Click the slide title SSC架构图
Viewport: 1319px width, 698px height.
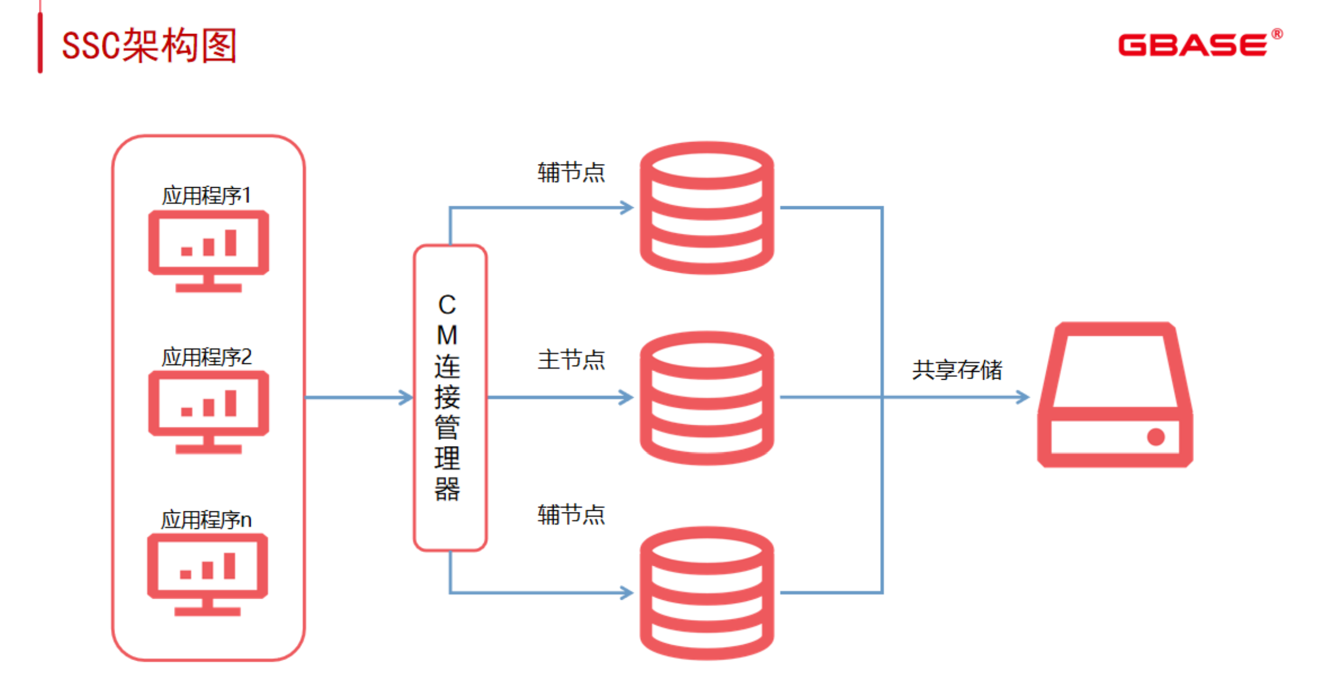(149, 46)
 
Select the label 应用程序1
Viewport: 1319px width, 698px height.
(206, 196)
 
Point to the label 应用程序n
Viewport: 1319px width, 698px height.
(206, 520)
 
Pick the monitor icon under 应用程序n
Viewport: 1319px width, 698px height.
(207, 574)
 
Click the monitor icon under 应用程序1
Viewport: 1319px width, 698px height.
(208, 250)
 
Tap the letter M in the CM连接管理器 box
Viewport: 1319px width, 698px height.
(447, 335)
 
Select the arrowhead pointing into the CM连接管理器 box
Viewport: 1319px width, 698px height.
(407, 397)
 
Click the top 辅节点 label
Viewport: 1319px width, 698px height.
(571, 172)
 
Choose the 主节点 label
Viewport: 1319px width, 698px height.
(571, 360)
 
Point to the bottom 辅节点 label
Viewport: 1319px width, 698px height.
(571, 515)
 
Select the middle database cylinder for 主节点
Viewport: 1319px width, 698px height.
(707, 397)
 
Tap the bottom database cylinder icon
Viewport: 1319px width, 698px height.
(707, 593)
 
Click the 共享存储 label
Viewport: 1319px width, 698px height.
(957, 370)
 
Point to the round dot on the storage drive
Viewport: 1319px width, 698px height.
(1155, 437)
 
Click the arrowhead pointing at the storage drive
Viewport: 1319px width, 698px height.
(1023, 397)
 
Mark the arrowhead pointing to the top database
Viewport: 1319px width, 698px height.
(627, 207)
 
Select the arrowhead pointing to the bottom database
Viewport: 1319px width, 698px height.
(627, 593)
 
